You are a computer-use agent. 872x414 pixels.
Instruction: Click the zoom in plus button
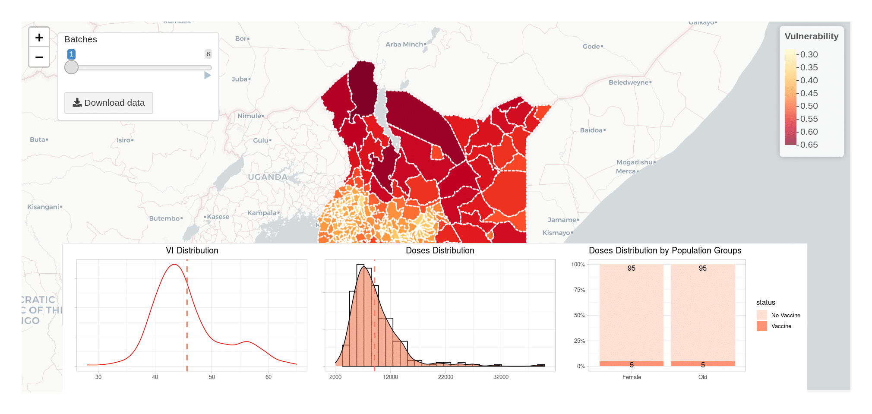tap(39, 38)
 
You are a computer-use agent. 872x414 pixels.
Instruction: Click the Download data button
tap(109, 103)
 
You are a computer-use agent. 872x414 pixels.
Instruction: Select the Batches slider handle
tap(72, 67)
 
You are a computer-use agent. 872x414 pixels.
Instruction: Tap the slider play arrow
tap(207, 76)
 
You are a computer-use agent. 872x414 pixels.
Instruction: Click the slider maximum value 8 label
tap(208, 54)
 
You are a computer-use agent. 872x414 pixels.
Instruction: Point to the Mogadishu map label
tap(634, 162)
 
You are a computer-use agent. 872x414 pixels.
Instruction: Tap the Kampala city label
tap(262, 213)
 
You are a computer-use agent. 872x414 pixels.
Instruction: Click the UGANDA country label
tap(268, 177)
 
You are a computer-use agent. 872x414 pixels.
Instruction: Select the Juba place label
tap(240, 79)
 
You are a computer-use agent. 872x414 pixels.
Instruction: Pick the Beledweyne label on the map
tap(629, 82)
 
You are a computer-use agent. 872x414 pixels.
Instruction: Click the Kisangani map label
tap(43, 207)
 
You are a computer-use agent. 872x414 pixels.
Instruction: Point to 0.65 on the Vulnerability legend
tap(809, 145)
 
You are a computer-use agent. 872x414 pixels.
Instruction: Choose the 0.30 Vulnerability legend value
tap(809, 54)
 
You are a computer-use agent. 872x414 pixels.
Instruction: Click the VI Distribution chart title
tap(192, 250)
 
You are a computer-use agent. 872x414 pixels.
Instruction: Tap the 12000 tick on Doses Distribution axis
tap(390, 377)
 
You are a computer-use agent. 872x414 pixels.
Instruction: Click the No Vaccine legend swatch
tap(762, 315)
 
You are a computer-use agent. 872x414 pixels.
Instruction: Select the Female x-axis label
tap(632, 377)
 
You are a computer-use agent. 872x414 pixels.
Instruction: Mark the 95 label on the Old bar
tap(703, 268)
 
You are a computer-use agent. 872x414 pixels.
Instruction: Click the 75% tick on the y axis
tap(579, 290)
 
